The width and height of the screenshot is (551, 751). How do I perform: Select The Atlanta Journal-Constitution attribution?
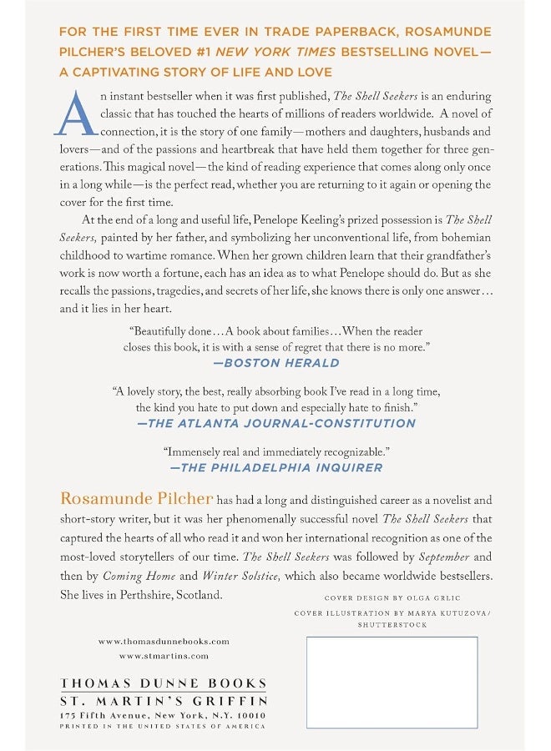275,423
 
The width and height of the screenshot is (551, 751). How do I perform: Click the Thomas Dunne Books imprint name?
164,683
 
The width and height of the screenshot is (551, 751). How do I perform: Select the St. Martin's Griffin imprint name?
164,702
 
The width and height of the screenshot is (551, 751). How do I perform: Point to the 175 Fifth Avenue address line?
164,716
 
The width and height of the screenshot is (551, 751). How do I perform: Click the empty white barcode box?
392,682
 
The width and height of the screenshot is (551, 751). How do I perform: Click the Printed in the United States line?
164,727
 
